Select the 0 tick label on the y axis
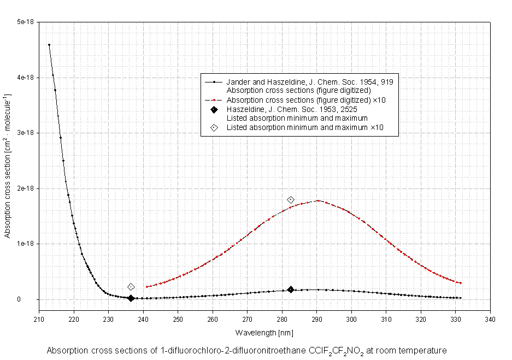coord(32,299)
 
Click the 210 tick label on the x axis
coord(39,320)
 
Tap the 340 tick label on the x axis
coord(491,320)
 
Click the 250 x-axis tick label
coord(178,320)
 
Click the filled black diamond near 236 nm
coord(131,298)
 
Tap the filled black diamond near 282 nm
coord(291,290)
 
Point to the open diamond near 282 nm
coord(291,200)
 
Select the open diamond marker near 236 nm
coord(131,287)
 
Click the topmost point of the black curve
coord(49,45)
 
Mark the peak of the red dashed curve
coord(317,200)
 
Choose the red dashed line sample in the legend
coord(214,100)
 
